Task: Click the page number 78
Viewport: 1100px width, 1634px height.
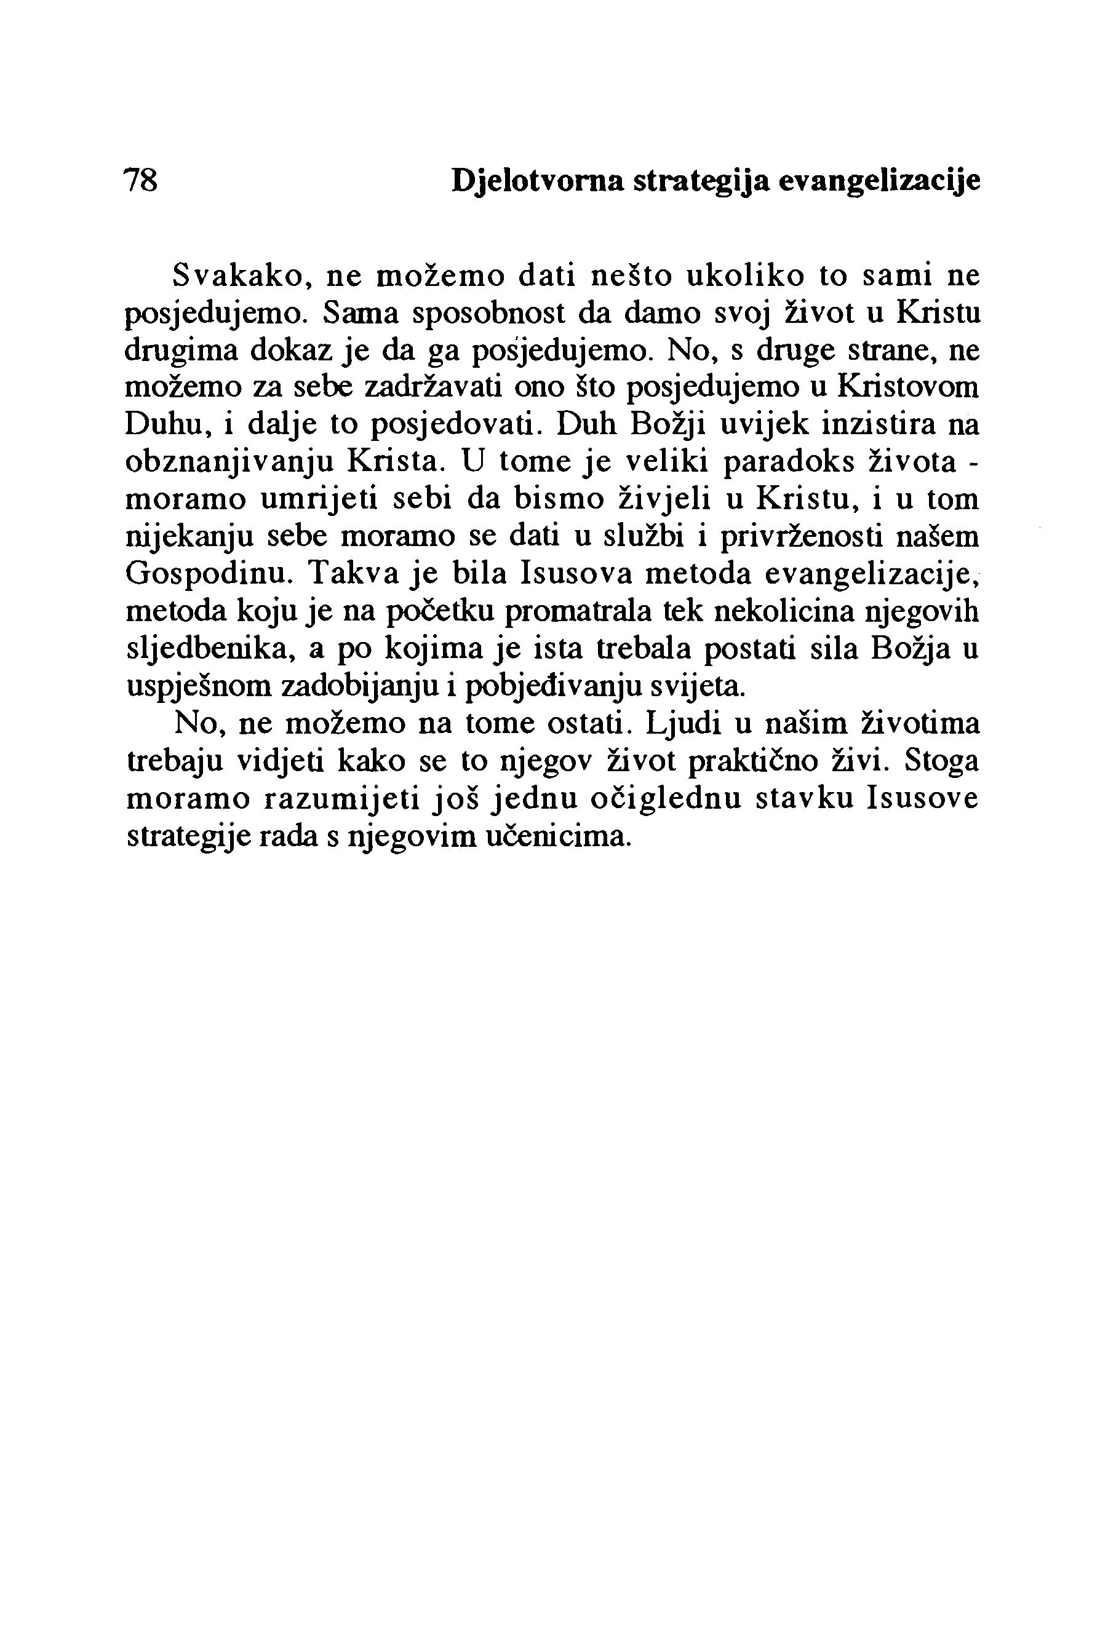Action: click(x=141, y=181)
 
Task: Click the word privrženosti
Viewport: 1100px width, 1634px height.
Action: click(x=799, y=537)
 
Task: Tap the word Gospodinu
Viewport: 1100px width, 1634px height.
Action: click(x=208, y=574)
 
